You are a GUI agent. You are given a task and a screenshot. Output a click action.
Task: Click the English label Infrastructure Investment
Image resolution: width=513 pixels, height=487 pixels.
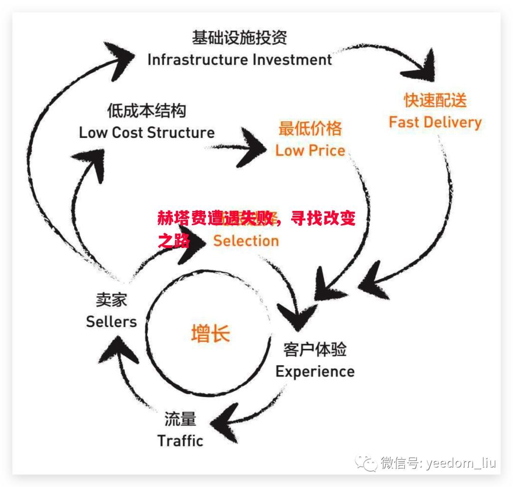[x=239, y=60]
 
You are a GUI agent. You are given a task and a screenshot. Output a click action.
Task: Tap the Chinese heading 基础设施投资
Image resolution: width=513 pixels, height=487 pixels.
[x=239, y=37]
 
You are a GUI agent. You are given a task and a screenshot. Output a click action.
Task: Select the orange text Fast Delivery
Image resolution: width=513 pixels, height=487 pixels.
[x=435, y=122]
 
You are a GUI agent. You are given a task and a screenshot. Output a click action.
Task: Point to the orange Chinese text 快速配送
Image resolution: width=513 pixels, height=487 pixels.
[x=435, y=100]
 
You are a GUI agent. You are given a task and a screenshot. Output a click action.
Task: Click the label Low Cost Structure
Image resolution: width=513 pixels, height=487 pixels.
[x=147, y=132]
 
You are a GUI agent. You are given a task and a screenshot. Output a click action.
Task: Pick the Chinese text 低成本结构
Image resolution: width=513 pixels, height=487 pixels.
[x=146, y=111]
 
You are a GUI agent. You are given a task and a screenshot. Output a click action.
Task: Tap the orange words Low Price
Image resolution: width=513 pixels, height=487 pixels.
[x=310, y=151]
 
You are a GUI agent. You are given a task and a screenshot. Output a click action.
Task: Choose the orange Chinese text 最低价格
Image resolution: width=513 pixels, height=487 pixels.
[x=310, y=128]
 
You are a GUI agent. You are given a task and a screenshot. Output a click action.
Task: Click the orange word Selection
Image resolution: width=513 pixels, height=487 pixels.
[x=246, y=240]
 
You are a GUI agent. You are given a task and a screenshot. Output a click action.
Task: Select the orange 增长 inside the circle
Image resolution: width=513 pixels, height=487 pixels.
[x=210, y=333]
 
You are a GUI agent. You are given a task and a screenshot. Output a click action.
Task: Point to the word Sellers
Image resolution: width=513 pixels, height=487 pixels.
[x=111, y=322]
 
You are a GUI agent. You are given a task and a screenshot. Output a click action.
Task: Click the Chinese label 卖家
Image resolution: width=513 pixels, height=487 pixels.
[x=111, y=300]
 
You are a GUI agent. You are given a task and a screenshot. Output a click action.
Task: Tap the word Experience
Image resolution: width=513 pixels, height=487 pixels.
[x=315, y=371]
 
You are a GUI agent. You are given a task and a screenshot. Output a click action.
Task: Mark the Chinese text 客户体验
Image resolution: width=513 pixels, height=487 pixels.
[x=315, y=350]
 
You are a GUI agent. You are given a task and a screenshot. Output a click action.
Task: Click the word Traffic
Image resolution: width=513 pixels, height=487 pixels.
[x=180, y=440]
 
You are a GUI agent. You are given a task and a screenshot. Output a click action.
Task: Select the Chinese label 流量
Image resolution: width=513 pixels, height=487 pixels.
[x=180, y=419]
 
